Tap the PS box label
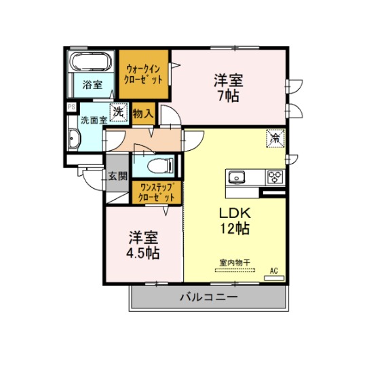click(71, 107)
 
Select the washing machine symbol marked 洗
click(119, 112)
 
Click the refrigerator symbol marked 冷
click(275, 138)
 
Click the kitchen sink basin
click(237, 178)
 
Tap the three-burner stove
click(275, 177)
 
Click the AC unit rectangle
click(274, 278)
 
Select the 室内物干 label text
click(235, 263)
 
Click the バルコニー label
click(209, 297)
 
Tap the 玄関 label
click(117, 176)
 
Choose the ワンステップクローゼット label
click(157, 192)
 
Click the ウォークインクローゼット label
click(143, 74)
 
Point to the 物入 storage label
click(143, 113)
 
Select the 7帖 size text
click(229, 96)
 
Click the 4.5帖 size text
click(143, 253)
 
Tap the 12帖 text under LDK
click(235, 228)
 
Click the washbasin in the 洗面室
click(74, 139)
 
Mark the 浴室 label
click(92, 85)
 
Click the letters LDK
click(235, 213)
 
